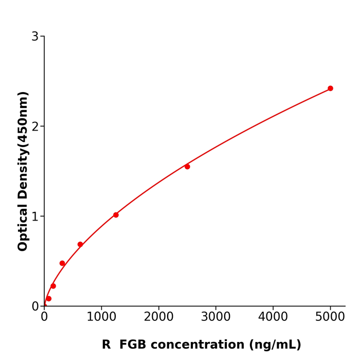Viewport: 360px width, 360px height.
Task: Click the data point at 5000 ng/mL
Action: click(330, 88)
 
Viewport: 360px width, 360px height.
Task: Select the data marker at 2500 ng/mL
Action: click(187, 167)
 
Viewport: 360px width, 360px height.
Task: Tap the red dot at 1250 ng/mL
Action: click(116, 215)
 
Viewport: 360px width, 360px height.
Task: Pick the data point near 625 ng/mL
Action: click(80, 244)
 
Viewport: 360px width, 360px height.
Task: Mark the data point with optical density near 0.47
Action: click(62, 263)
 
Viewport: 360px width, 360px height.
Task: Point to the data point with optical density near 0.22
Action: click(53, 286)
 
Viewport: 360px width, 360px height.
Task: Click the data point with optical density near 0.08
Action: click(49, 299)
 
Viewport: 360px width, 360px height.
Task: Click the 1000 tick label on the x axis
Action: click(101, 317)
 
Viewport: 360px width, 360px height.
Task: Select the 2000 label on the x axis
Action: click(158, 317)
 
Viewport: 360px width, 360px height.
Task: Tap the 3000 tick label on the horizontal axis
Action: click(215, 317)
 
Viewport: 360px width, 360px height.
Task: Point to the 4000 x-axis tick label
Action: click(273, 317)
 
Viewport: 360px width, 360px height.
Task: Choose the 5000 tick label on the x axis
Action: click(330, 317)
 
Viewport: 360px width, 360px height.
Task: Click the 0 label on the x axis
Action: click(44, 317)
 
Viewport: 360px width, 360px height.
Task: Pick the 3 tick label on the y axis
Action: click(35, 37)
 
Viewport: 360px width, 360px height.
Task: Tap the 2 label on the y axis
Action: click(35, 127)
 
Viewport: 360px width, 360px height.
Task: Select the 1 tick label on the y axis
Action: click(35, 217)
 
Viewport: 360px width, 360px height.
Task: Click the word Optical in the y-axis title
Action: click(23, 226)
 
